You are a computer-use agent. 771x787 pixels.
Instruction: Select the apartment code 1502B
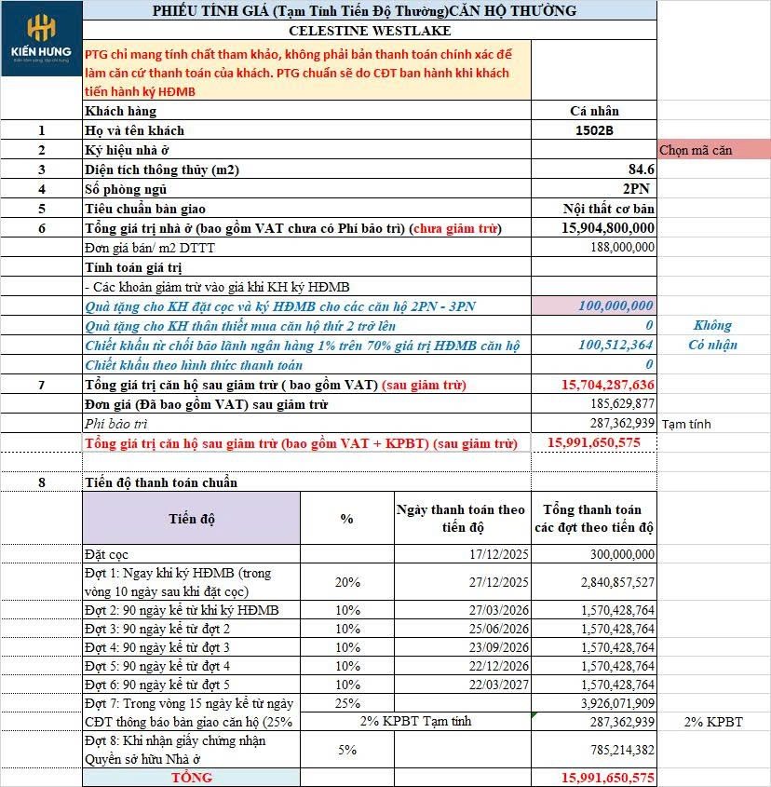[595, 130]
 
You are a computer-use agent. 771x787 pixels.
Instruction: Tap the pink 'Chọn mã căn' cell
[713, 150]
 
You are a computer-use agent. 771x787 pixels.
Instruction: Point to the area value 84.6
[642, 170]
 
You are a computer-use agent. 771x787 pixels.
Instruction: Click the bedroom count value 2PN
[639, 189]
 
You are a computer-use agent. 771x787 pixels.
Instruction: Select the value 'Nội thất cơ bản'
[609, 209]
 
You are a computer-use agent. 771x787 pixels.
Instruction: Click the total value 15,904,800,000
[608, 228]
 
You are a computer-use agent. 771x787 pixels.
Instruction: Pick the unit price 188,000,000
[622, 248]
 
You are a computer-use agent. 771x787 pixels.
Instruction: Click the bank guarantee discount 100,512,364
[615, 346]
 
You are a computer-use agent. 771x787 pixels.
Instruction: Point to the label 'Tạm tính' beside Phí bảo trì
[686, 424]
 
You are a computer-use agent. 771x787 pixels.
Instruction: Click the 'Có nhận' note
[712, 346]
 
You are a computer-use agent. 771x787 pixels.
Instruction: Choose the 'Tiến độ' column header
[191, 519]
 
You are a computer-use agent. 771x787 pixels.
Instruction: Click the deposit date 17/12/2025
[499, 554]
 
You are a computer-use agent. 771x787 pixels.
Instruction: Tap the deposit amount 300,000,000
[617, 554]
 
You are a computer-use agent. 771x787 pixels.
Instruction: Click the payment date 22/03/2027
[499, 685]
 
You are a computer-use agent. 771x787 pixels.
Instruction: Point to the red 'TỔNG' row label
[191, 777]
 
